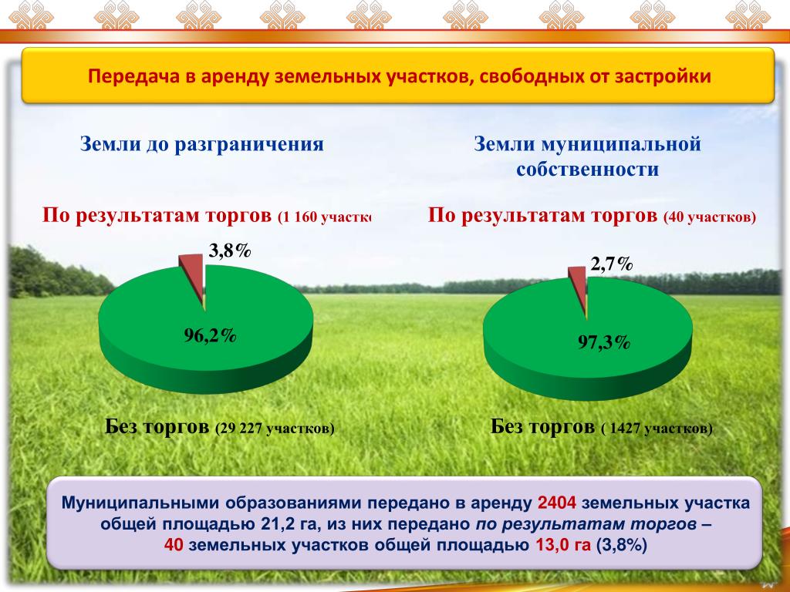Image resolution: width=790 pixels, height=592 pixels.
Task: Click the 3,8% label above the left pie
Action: click(230, 251)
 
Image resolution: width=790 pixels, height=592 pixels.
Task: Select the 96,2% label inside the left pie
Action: click(210, 335)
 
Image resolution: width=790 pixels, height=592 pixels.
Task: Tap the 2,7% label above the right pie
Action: click(612, 264)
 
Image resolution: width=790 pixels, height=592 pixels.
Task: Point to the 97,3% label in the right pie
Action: click(604, 342)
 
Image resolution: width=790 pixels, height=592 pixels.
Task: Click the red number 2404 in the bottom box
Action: click(557, 503)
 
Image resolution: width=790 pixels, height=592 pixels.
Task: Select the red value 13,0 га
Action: click(562, 545)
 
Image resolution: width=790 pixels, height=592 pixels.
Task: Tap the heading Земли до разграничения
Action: click(201, 144)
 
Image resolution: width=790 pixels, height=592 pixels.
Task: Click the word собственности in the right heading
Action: click(587, 169)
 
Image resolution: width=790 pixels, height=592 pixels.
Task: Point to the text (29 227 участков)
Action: click(275, 429)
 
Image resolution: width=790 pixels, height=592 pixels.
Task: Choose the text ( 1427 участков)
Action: click(657, 429)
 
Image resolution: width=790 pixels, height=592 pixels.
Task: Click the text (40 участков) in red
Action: click(710, 217)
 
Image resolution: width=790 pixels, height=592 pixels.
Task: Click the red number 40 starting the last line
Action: click(174, 545)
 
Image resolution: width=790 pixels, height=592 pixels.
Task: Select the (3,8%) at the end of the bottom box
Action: click(621, 545)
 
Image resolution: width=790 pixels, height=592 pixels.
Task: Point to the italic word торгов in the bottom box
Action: click(665, 524)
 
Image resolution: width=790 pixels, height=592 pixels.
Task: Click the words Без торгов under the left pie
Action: click(157, 427)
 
